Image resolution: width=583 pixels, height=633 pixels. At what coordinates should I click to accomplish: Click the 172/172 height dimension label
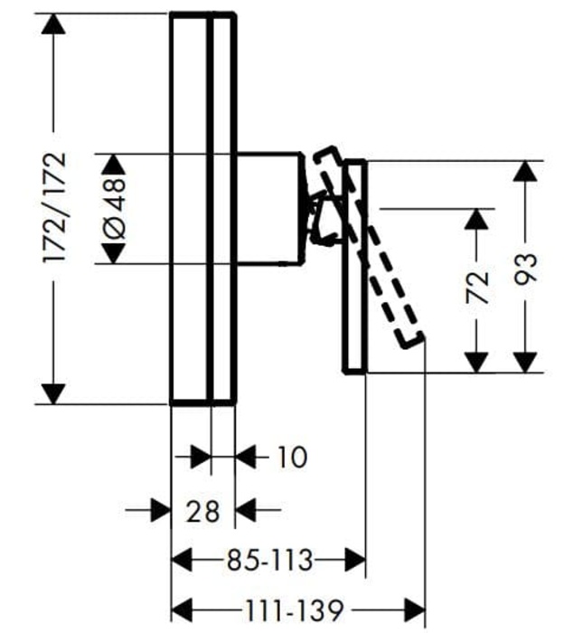click(56, 208)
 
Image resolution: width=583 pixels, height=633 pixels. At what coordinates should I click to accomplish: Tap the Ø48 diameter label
click(115, 208)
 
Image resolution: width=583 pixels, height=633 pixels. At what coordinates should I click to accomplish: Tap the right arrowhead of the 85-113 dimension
click(354, 562)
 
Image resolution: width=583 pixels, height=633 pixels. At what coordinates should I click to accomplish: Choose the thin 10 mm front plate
click(222, 208)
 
